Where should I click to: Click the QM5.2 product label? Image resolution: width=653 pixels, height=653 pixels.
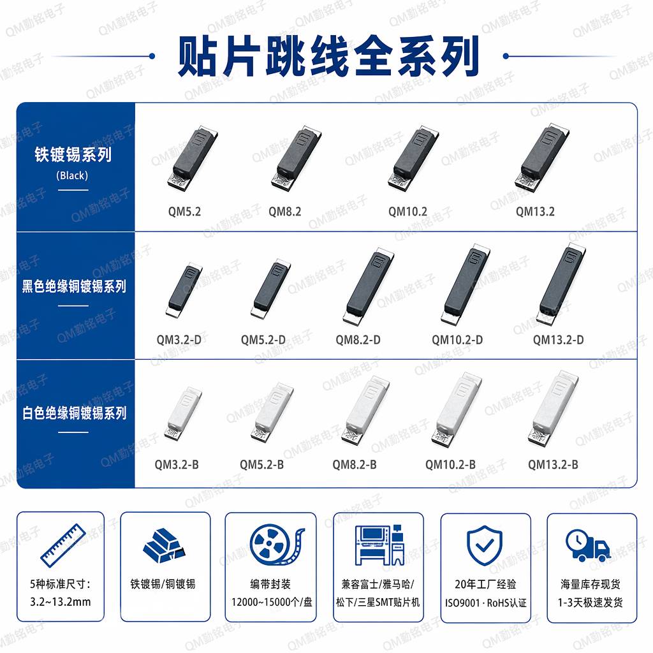click(184, 212)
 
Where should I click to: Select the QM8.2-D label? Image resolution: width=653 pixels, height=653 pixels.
click(358, 340)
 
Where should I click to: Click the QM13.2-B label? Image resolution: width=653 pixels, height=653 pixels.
click(553, 464)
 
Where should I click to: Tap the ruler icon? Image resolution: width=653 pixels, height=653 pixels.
click(63, 545)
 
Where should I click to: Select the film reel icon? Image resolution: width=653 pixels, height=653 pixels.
click(277, 545)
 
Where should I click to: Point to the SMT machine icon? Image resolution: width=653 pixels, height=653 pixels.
click(379, 545)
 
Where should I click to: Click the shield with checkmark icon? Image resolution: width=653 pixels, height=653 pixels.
click(485, 545)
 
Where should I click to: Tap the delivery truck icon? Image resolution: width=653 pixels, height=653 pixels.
click(588, 545)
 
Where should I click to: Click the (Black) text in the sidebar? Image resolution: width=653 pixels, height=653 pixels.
click(72, 175)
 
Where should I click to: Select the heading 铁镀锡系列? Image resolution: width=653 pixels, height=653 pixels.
click(73, 154)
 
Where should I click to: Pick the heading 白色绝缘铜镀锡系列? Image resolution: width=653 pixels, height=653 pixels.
click(74, 413)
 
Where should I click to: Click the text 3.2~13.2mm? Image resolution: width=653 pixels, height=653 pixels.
click(61, 602)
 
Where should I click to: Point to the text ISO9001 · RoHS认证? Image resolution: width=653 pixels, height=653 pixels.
click(485, 603)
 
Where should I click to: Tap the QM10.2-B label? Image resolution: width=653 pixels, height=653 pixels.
click(450, 464)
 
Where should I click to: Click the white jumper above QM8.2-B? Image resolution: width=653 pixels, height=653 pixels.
click(365, 410)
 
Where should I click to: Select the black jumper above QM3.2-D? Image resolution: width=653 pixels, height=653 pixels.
click(184, 290)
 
